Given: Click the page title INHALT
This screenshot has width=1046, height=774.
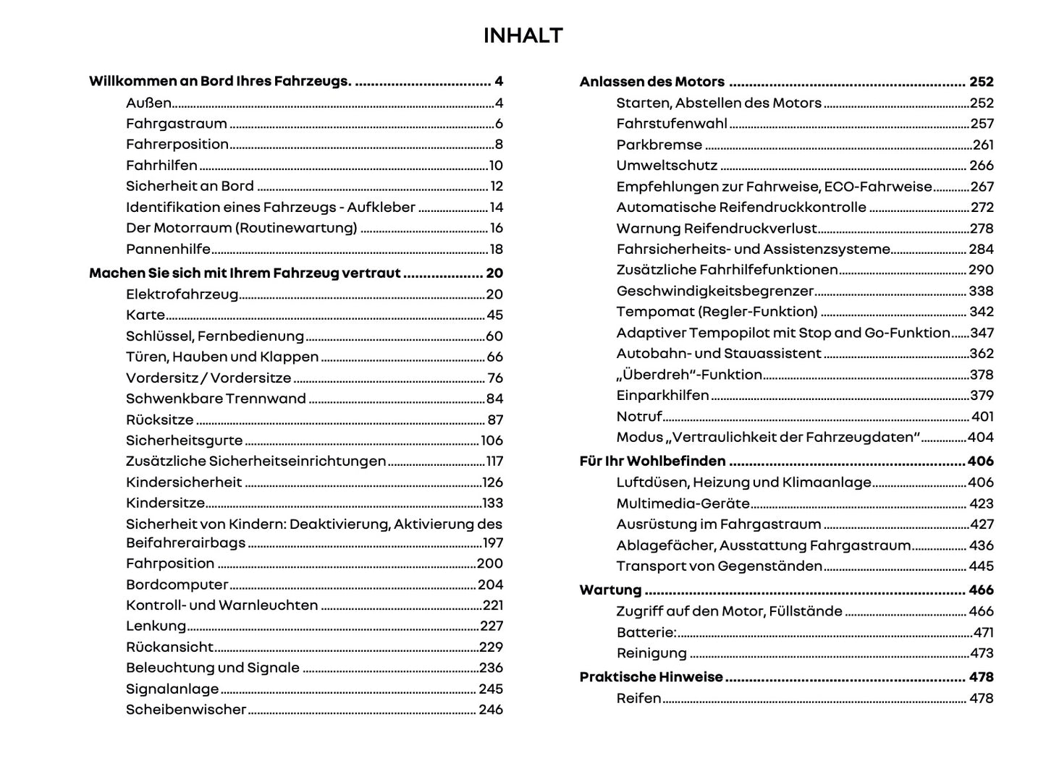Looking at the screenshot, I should [x=523, y=35].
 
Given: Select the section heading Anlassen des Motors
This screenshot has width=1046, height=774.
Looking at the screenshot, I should [x=651, y=82].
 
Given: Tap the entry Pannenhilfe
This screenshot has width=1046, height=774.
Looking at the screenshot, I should [x=168, y=249].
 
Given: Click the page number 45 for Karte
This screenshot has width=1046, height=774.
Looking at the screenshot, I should [x=494, y=315].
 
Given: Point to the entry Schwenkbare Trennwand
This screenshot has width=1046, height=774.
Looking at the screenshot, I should [x=216, y=399].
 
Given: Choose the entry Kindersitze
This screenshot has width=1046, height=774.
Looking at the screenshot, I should [x=165, y=503].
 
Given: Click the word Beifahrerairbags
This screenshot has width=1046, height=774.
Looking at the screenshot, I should [x=185, y=543].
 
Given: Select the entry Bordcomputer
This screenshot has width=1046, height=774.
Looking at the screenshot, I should [x=177, y=584].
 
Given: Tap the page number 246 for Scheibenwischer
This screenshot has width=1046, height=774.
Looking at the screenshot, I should [x=490, y=710].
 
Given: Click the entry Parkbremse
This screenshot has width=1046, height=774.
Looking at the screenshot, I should [x=659, y=145].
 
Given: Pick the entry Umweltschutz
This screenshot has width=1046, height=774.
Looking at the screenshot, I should [x=667, y=166].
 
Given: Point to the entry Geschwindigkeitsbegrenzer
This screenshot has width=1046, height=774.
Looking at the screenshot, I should [x=714, y=291].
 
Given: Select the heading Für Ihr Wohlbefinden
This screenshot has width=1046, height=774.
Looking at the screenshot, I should [x=652, y=462].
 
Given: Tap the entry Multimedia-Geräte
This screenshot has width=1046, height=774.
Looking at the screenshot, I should [x=683, y=503].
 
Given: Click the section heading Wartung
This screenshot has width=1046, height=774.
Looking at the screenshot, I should [x=610, y=590].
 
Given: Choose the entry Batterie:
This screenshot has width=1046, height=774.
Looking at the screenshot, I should [x=646, y=632].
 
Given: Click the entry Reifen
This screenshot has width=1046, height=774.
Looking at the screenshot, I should [x=638, y=698].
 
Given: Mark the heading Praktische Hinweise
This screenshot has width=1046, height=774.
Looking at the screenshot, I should [x=651, y=677].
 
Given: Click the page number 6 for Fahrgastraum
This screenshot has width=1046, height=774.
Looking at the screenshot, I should [x=499, y=124].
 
